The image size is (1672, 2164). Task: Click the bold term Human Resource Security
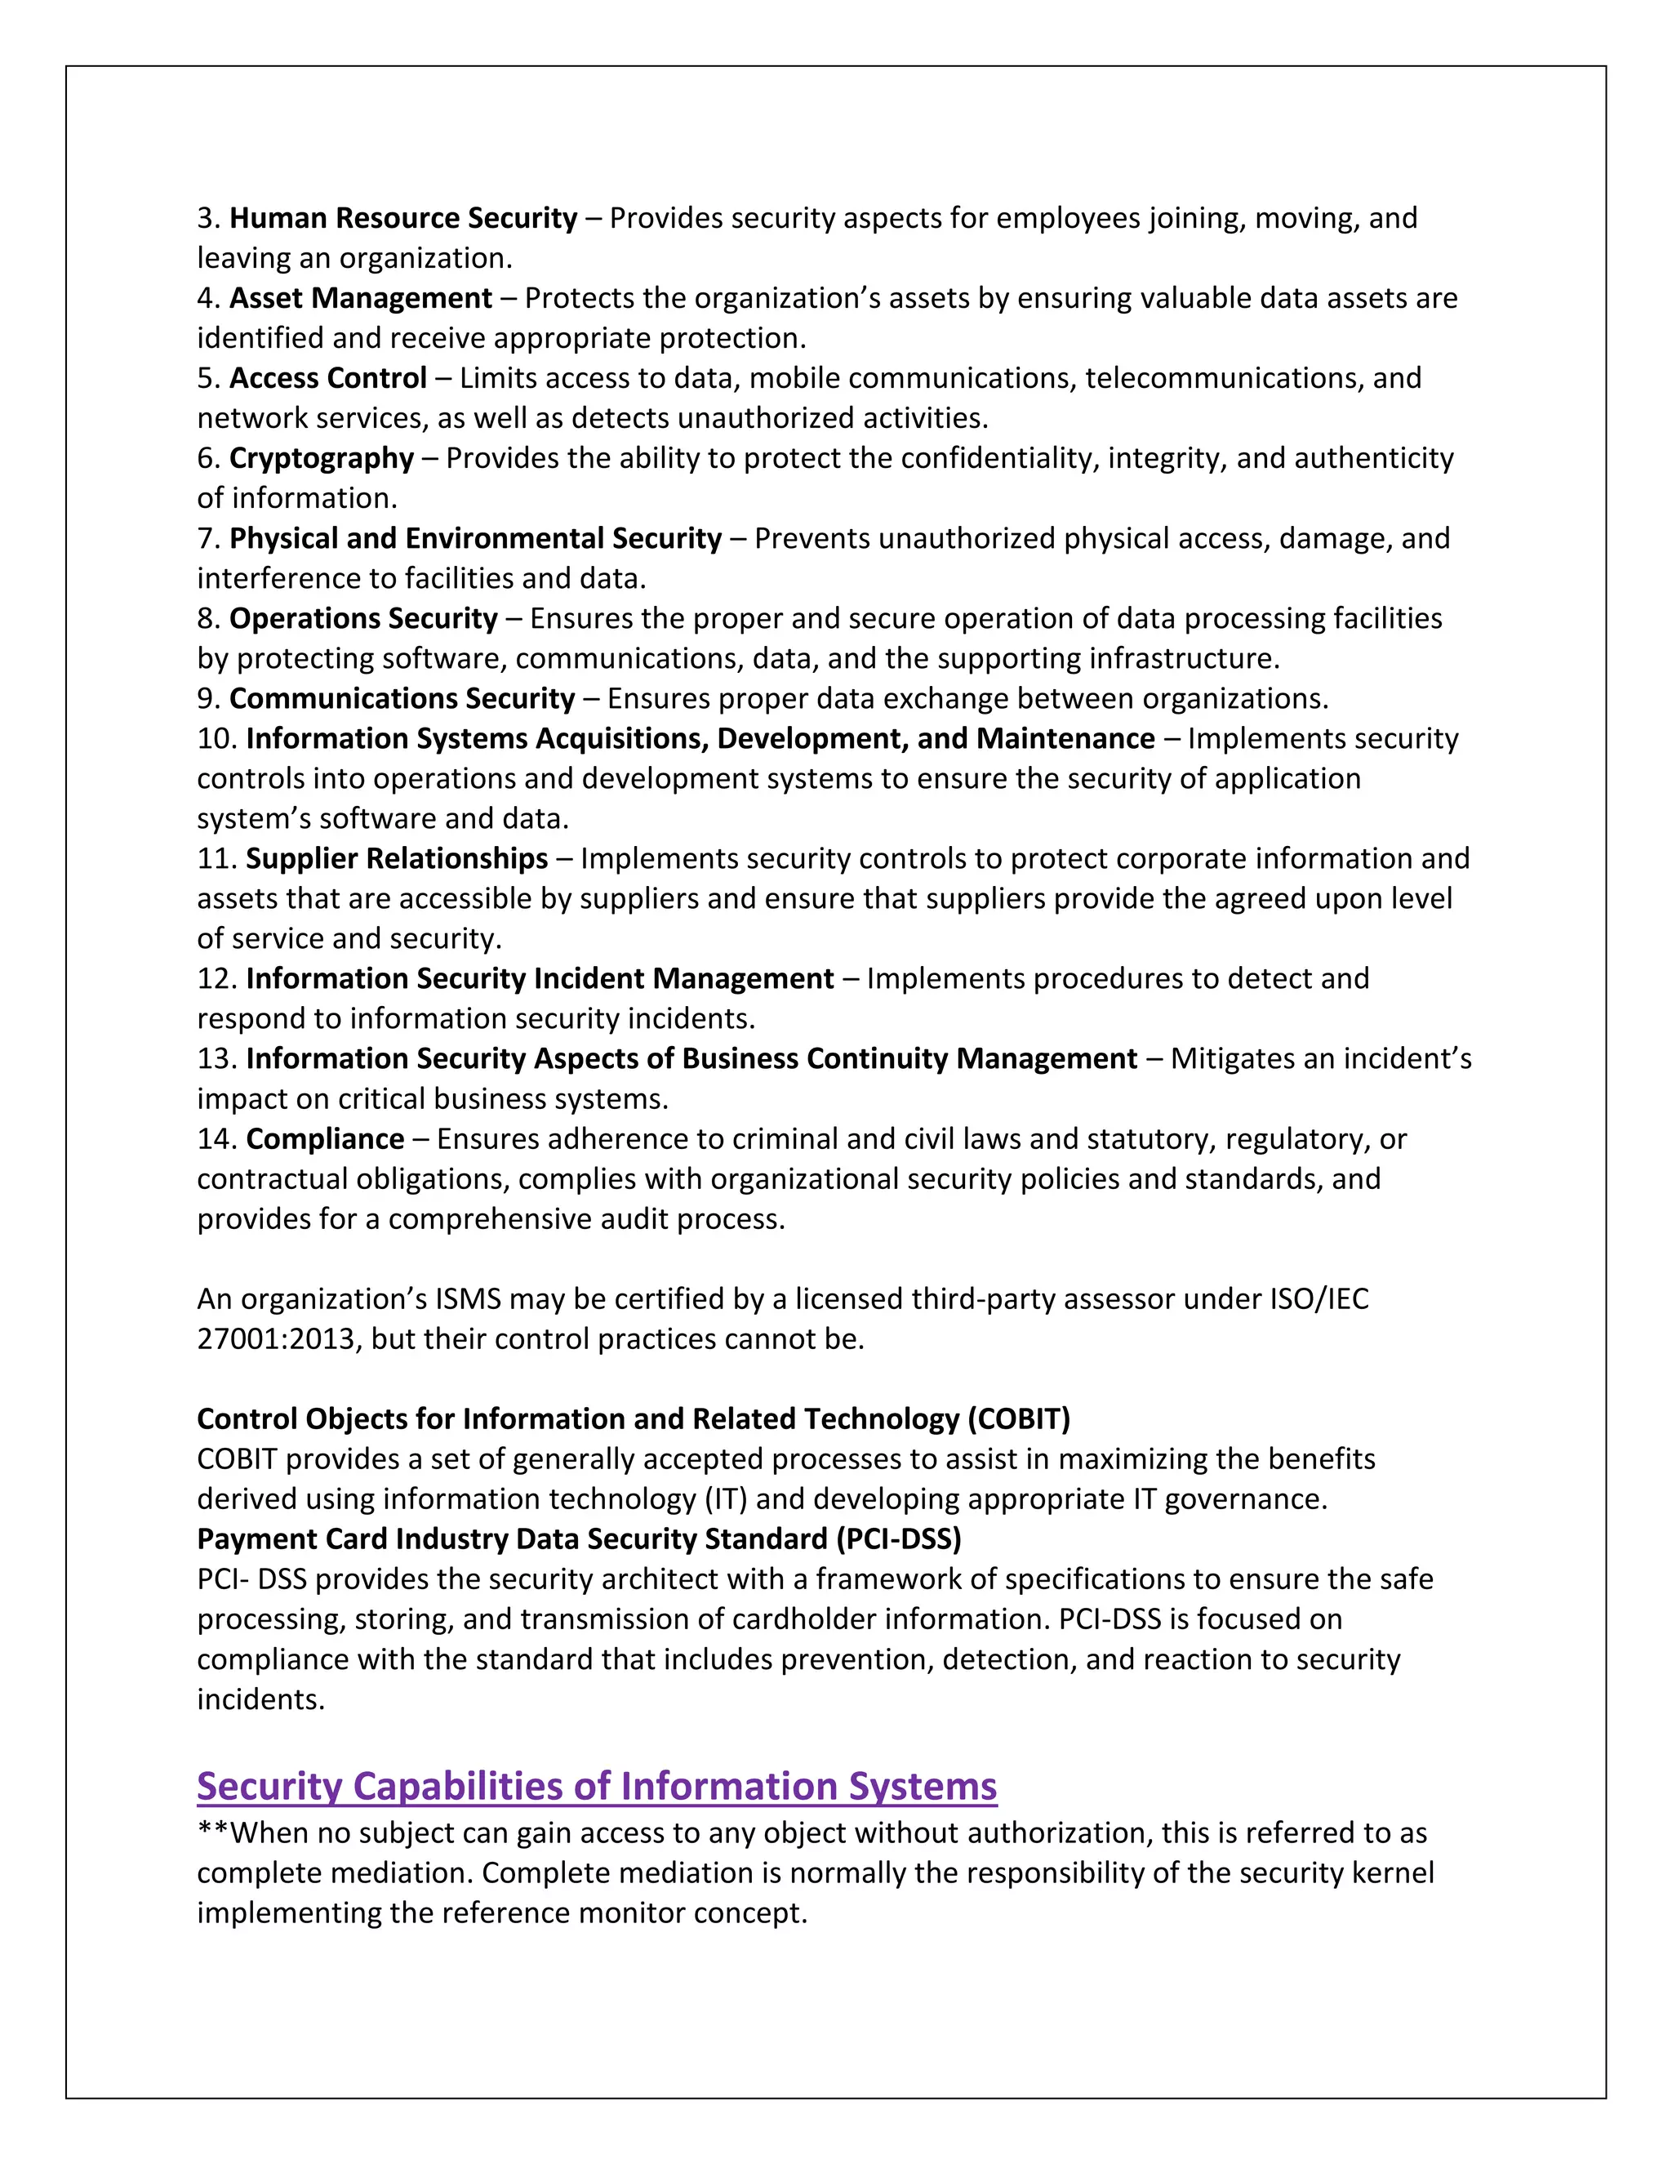click(403, 218)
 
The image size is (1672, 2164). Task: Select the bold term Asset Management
click(361, 298)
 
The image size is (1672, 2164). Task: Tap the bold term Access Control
click(328, 379)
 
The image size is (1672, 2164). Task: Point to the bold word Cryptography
click(321, 459)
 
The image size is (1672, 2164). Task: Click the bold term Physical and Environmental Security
click(475, 538)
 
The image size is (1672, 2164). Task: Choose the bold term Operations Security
click(363, 618)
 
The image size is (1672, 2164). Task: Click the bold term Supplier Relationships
click(396, 858)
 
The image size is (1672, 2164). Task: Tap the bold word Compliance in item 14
click(325, 1138)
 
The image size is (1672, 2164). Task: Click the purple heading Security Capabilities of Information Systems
click(596, 1785)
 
